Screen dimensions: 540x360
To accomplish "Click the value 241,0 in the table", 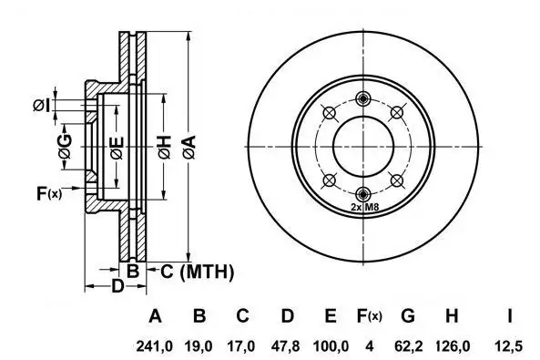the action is (x=154, y=345).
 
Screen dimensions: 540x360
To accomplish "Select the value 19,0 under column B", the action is (x=199, y=345).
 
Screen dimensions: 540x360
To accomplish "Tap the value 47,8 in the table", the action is (x=286, y=345).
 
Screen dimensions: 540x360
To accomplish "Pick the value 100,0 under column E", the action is (x=331, y=345).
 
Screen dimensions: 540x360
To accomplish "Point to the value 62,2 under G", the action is (x=409, y=345).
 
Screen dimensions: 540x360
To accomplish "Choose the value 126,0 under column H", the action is (x=453, y=345).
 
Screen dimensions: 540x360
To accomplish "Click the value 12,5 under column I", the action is (x=509, y=345).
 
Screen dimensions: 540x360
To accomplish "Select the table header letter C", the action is (x=243, y=315).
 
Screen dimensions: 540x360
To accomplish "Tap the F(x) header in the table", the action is (x=369, y=315).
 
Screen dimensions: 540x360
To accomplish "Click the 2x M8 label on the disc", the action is (x=365, y=207).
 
